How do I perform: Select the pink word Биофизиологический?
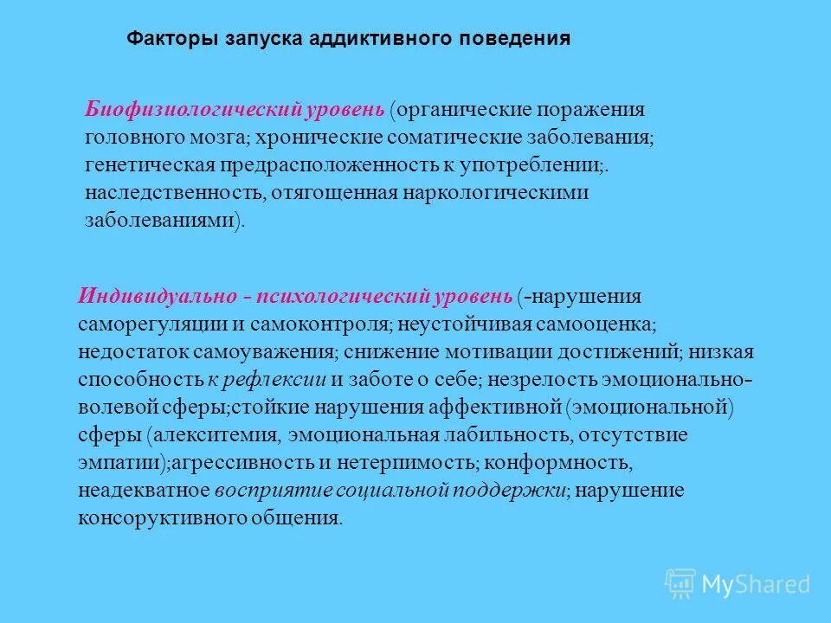point(190,110)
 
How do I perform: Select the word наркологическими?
point(491,192)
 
